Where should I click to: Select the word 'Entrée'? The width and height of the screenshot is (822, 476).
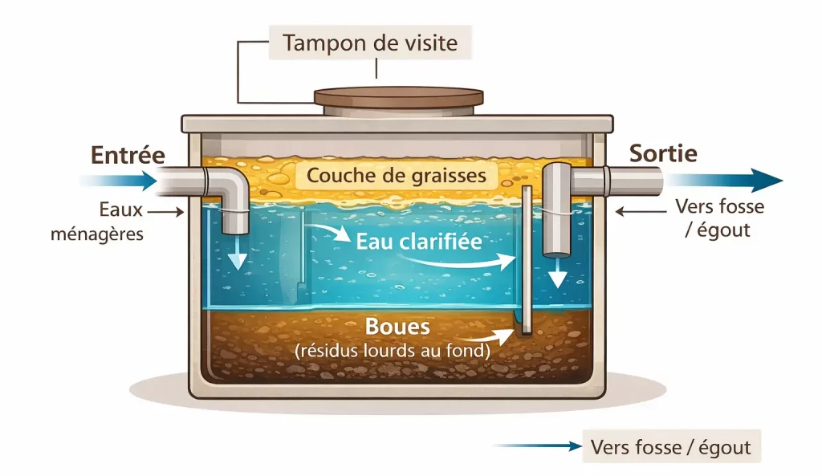128,154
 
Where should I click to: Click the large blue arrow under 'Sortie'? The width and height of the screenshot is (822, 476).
722,180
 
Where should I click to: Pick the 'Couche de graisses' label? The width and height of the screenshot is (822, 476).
396,175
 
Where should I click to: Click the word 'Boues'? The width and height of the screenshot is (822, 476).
397,327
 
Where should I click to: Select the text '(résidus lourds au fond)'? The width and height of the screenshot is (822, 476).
393,350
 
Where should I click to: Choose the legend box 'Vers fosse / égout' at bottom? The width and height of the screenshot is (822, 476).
670,446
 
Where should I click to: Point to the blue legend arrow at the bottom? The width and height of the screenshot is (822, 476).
538,446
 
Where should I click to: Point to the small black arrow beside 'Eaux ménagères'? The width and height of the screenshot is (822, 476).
169,213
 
